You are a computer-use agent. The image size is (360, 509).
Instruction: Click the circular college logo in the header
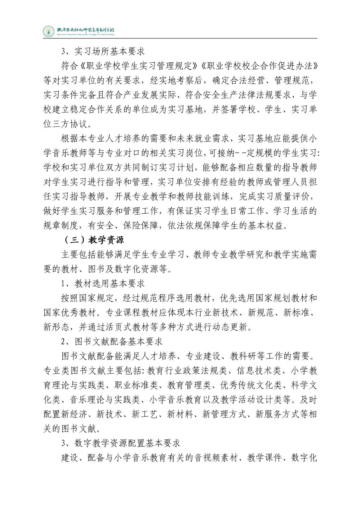[48, 31]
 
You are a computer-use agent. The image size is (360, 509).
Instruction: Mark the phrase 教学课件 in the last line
[264, 458]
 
